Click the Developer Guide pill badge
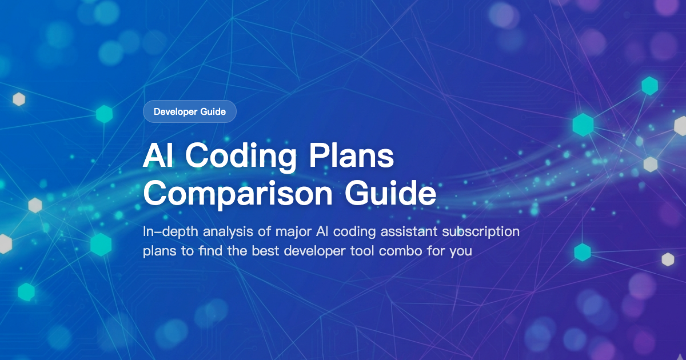click(x=190, y=111)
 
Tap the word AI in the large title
click(x=158, y=155)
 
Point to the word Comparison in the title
click(x=237, y=194)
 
